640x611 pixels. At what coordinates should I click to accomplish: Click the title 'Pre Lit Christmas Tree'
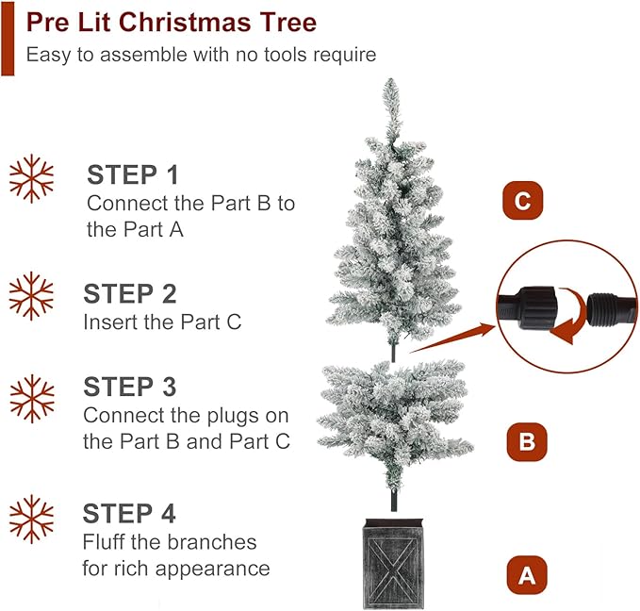(x=171, y=22)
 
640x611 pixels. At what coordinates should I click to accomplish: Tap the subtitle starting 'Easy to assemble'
(x=201, y=55)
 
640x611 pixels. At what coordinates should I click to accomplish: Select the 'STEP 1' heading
(x=133, y=174)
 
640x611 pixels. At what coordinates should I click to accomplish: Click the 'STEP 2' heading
(x=130, y=293)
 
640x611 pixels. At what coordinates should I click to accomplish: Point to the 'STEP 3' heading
(x=131, y=387)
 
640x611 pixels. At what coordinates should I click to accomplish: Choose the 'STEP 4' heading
(x=129, y=514)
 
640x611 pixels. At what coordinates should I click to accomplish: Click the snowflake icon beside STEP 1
(x=31, y=178)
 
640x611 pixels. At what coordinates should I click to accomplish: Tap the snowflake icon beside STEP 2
(x=31, y=296)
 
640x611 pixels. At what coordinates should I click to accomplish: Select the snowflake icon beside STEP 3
(x=31, y=399)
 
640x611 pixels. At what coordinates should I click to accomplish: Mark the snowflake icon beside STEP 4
(x=31, y=520)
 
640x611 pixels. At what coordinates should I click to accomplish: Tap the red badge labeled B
(x=527, y=440)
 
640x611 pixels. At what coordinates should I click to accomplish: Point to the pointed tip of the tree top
(x=390, y=83)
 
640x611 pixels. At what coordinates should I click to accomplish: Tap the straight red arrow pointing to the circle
(x=452, y=339)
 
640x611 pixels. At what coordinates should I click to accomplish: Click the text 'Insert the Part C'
(x=162, y=322)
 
